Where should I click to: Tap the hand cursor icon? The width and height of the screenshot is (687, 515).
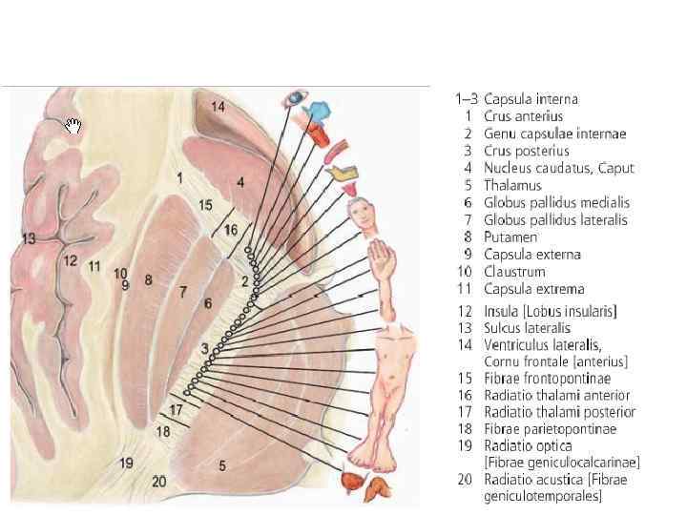74,126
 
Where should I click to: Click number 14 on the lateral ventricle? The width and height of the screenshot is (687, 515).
219,107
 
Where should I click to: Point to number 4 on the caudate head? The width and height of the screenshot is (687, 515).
240,181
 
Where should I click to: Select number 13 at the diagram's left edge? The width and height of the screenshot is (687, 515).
30,237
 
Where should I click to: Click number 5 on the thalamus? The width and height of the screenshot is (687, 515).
222,465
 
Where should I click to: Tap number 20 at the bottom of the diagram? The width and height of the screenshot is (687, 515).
158,482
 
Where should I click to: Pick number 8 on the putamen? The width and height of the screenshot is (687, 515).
148,280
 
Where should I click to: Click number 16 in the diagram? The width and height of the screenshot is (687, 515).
230,230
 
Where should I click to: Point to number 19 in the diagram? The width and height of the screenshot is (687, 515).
126,463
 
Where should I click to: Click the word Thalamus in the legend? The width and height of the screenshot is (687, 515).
512,185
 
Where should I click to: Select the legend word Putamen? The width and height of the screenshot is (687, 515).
510,237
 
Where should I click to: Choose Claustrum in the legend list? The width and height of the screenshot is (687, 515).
517,272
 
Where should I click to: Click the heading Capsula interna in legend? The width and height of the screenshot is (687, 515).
531,98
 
